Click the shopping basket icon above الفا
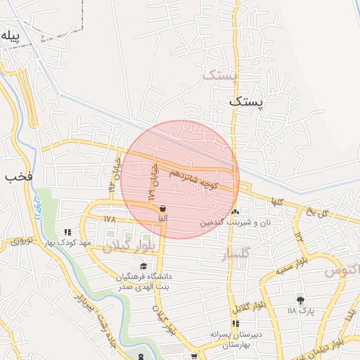point(163,208)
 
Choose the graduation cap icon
point(143,266)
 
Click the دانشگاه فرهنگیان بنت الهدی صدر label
point(144,281)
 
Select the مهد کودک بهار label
point(67,243)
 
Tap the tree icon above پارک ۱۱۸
point(300,298)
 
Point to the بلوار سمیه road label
point(275,269)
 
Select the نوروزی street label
point(20,240)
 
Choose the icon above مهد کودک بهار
point(67,231)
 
